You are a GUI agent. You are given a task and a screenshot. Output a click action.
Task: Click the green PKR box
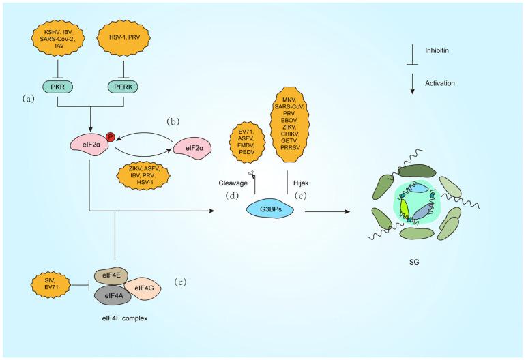pyautogui.click(x=72, y=87)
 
